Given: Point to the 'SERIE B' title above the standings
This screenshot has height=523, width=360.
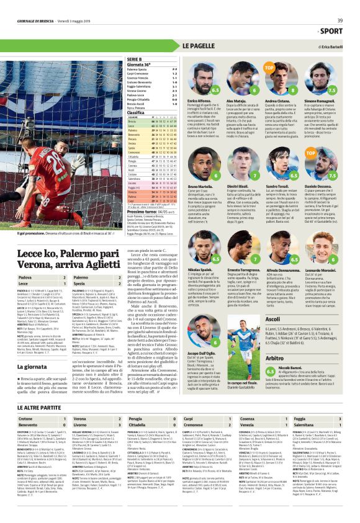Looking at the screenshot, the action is (151, 58).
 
